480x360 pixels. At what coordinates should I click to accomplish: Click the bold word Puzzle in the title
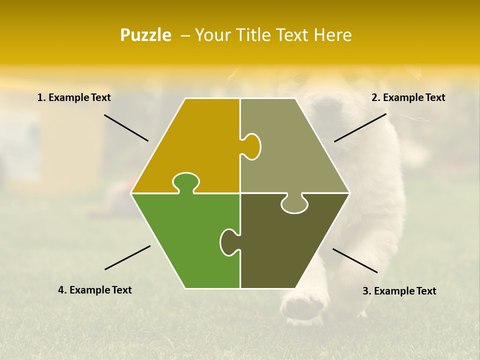click(145, 35)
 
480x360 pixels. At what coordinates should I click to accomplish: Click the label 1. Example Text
click(74, 97)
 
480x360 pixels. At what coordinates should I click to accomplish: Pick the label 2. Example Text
click(408, 97)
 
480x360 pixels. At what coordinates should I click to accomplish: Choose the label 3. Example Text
click(399, 291)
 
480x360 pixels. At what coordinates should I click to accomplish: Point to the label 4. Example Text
click(95, 290)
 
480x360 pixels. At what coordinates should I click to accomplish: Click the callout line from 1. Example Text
click(126, 127)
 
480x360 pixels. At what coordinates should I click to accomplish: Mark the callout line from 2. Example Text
click(360, 127)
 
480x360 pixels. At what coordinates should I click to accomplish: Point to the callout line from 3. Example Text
click(355, 260)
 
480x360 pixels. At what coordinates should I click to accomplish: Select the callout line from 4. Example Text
click(127, 257)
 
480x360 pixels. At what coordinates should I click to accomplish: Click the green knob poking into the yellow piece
click(185, 181)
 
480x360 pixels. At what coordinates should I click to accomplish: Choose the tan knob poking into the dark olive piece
click(294, 204)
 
